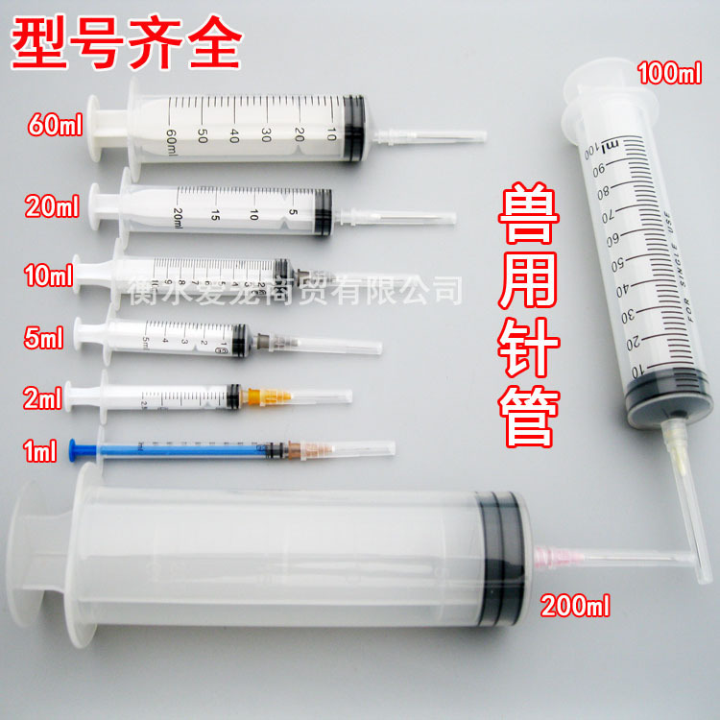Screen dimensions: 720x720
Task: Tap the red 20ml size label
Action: pyautogui.click(x=49, y=204)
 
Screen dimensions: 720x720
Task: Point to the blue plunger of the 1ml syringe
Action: pyautogui.click(x=106, y=449)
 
